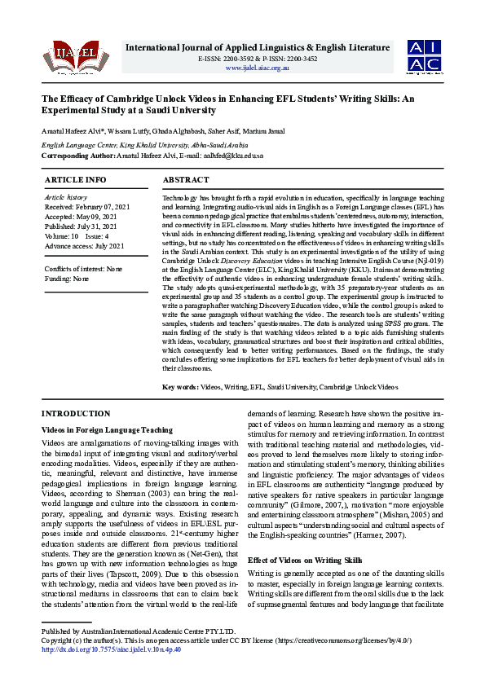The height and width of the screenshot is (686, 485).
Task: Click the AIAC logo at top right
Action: [x=425, y=55]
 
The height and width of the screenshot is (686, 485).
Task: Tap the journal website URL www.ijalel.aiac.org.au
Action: [x=258, y=68]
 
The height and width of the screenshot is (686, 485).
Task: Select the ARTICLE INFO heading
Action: [x=75, y=179]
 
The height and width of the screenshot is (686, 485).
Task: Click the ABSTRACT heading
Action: [x=187, y=179]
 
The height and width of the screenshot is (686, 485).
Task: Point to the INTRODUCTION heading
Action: [x=76, y=414]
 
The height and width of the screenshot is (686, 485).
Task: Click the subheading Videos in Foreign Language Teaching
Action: [x=107, y=429]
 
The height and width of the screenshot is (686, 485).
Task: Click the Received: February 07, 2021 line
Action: [x=87, y=208]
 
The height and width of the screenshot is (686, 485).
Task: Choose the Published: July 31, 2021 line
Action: [x=82, y=226]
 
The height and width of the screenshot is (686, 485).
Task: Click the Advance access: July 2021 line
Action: [x=85, y=246]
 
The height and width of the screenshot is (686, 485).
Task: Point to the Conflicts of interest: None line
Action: [x=84, y=268]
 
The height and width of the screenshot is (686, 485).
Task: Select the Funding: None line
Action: [x=67, y=279]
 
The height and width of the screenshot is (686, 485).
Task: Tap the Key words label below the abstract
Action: [x=180, y=387]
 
